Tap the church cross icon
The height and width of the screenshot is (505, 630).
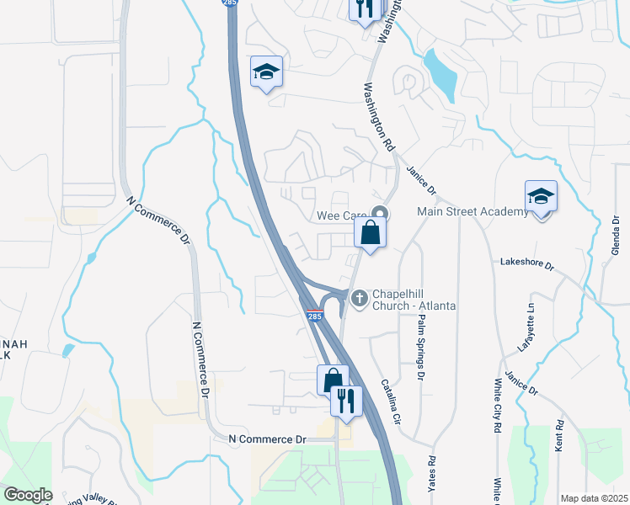click(360, 297)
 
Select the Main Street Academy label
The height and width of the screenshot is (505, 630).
click(472, 211)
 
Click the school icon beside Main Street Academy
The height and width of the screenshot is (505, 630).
click(541, 198)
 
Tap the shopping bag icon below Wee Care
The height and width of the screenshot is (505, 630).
click(370, 232)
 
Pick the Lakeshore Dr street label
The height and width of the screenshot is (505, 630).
click(526, 264)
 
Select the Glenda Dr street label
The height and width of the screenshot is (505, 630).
click(615, 238)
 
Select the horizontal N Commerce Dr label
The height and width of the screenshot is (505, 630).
click(268, 439)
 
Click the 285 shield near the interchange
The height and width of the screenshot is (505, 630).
click(313, 316)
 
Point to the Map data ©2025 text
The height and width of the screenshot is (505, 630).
click(594, 498)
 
